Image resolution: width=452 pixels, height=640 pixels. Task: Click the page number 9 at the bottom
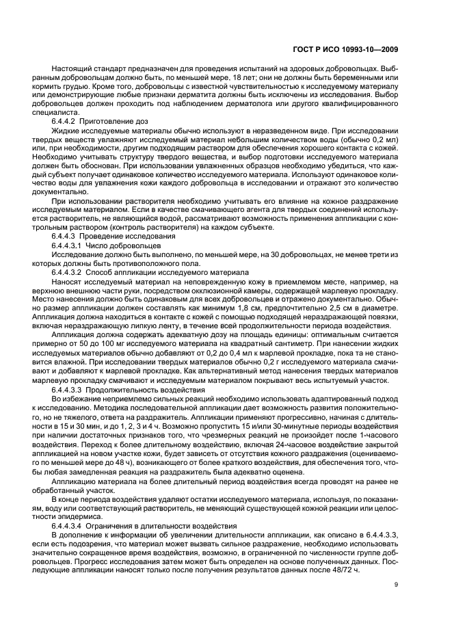[x=396, y=585]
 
